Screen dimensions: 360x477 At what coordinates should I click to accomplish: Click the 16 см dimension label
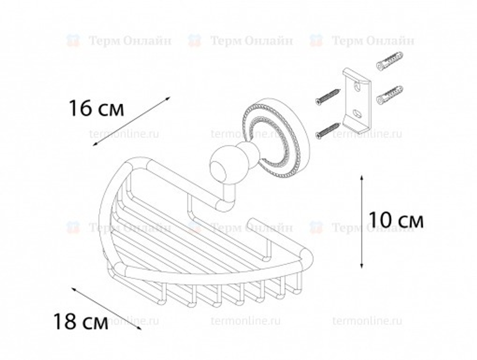tap(96, 109)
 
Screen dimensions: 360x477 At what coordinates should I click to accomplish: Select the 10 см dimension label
tap(396, 220)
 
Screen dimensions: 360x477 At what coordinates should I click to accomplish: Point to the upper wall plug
tap(389, 62)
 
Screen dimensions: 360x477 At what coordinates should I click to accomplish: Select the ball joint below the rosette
tap(224, 165)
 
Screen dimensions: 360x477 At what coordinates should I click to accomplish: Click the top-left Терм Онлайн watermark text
tap(129, 41)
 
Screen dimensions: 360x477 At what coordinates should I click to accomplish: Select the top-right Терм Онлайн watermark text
tap(373, 41)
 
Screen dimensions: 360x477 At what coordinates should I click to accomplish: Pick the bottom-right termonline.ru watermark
tap(367, 320)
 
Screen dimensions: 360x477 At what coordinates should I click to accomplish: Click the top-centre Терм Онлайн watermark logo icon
tap(194, 40)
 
